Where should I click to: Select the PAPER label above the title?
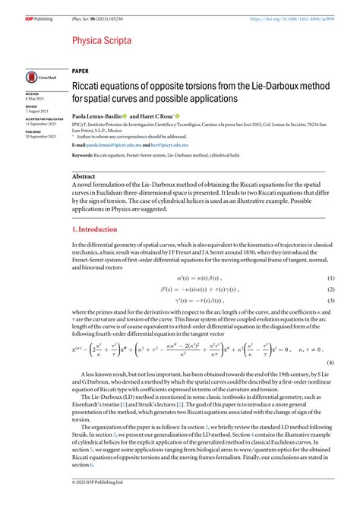coord(80,69)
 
